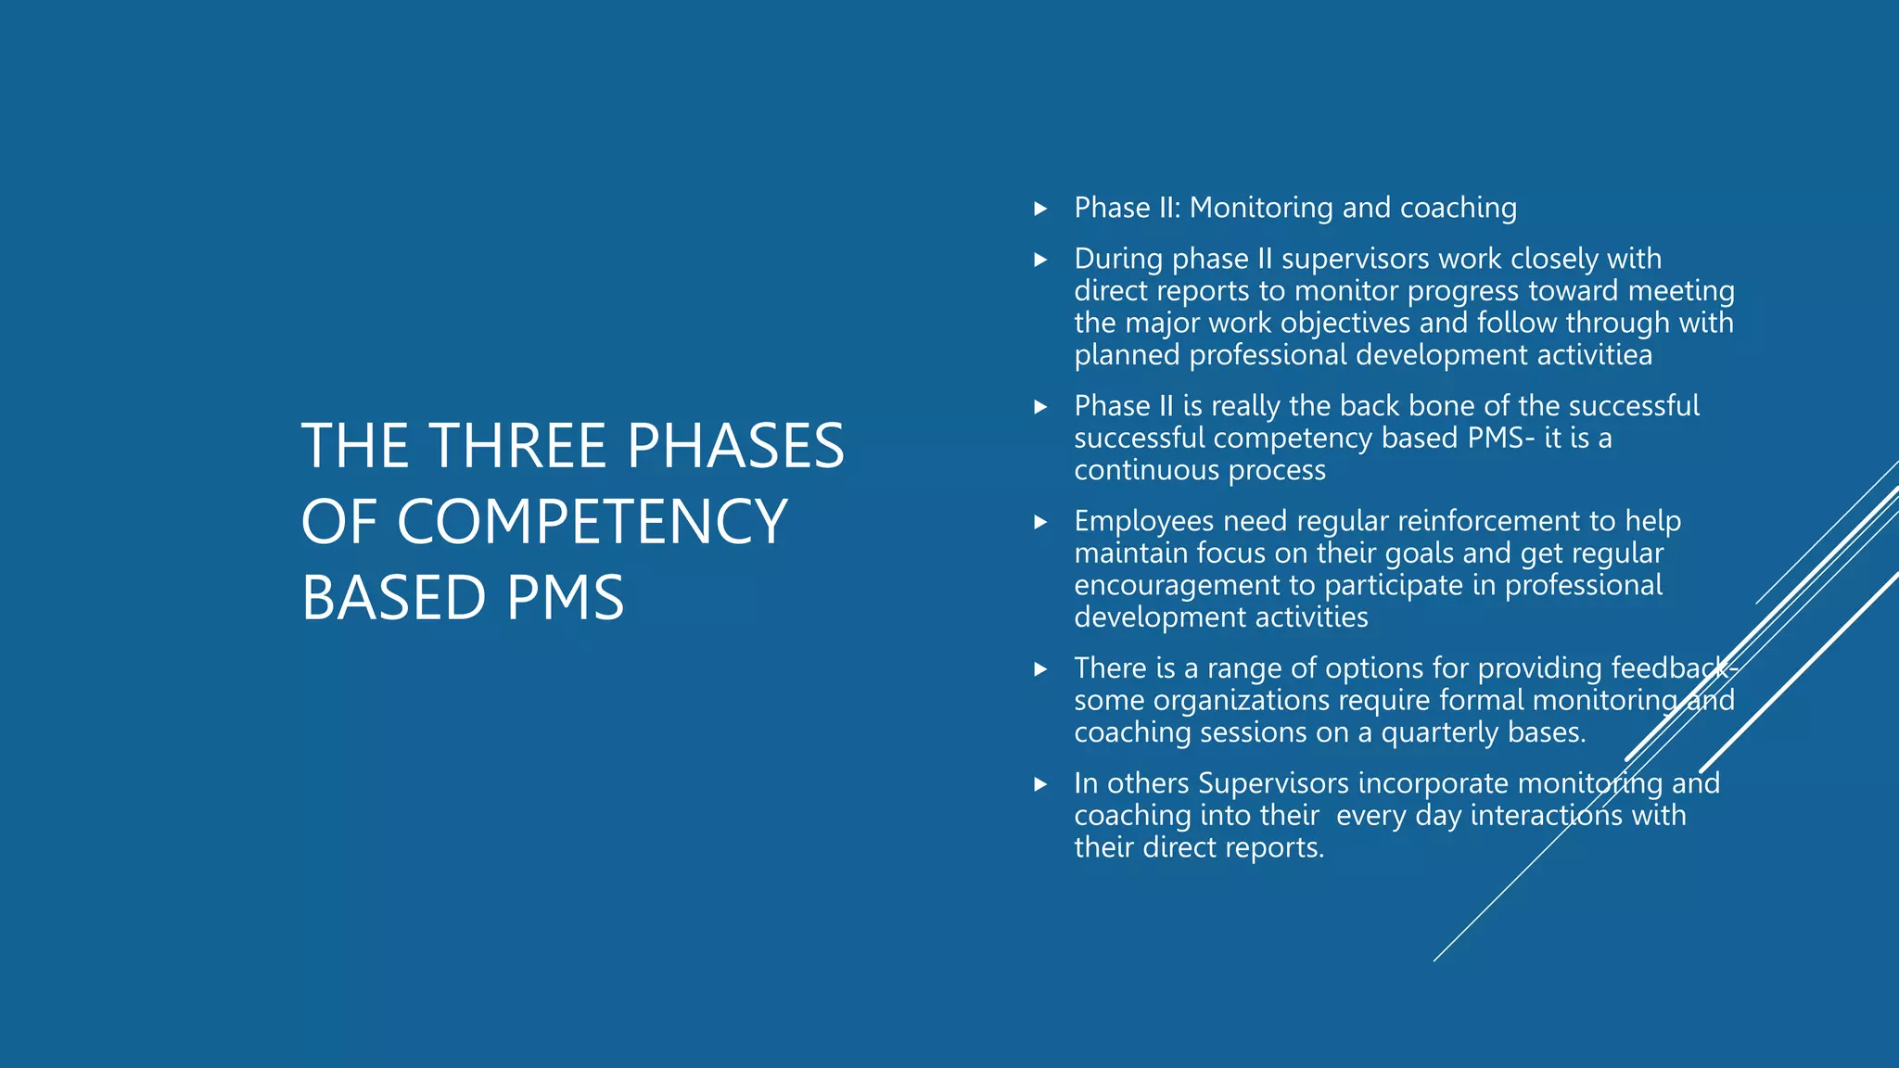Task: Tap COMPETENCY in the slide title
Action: point(592,521)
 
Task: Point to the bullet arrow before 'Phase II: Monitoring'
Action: point(1040,209)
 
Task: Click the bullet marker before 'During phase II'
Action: point(1040,260)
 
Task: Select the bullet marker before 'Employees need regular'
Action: point(1040,522)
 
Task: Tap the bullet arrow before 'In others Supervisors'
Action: point(1040,784)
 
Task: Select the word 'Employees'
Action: point(1143,522)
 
